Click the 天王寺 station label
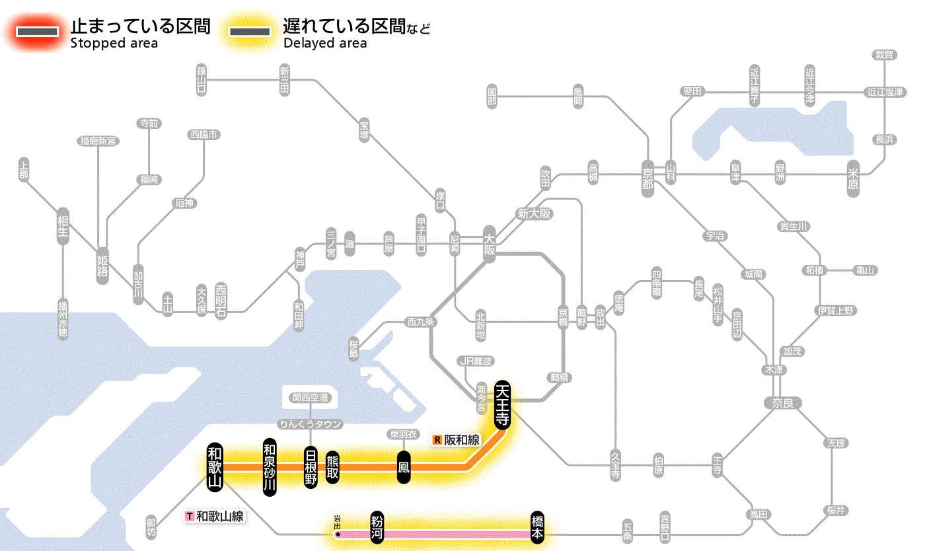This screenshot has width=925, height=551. coord(502,405)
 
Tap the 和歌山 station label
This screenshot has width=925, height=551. coord(215,466)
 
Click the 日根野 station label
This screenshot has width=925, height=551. coord(310,467)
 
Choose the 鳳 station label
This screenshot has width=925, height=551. coord(404,467)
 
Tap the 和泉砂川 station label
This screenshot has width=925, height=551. coord(269,466)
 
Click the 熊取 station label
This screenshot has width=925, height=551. coord(332,467)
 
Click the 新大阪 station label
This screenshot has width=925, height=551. coord(534,214)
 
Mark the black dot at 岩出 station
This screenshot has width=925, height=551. coord(338,533)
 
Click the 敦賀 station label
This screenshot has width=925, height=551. coord(884,55)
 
